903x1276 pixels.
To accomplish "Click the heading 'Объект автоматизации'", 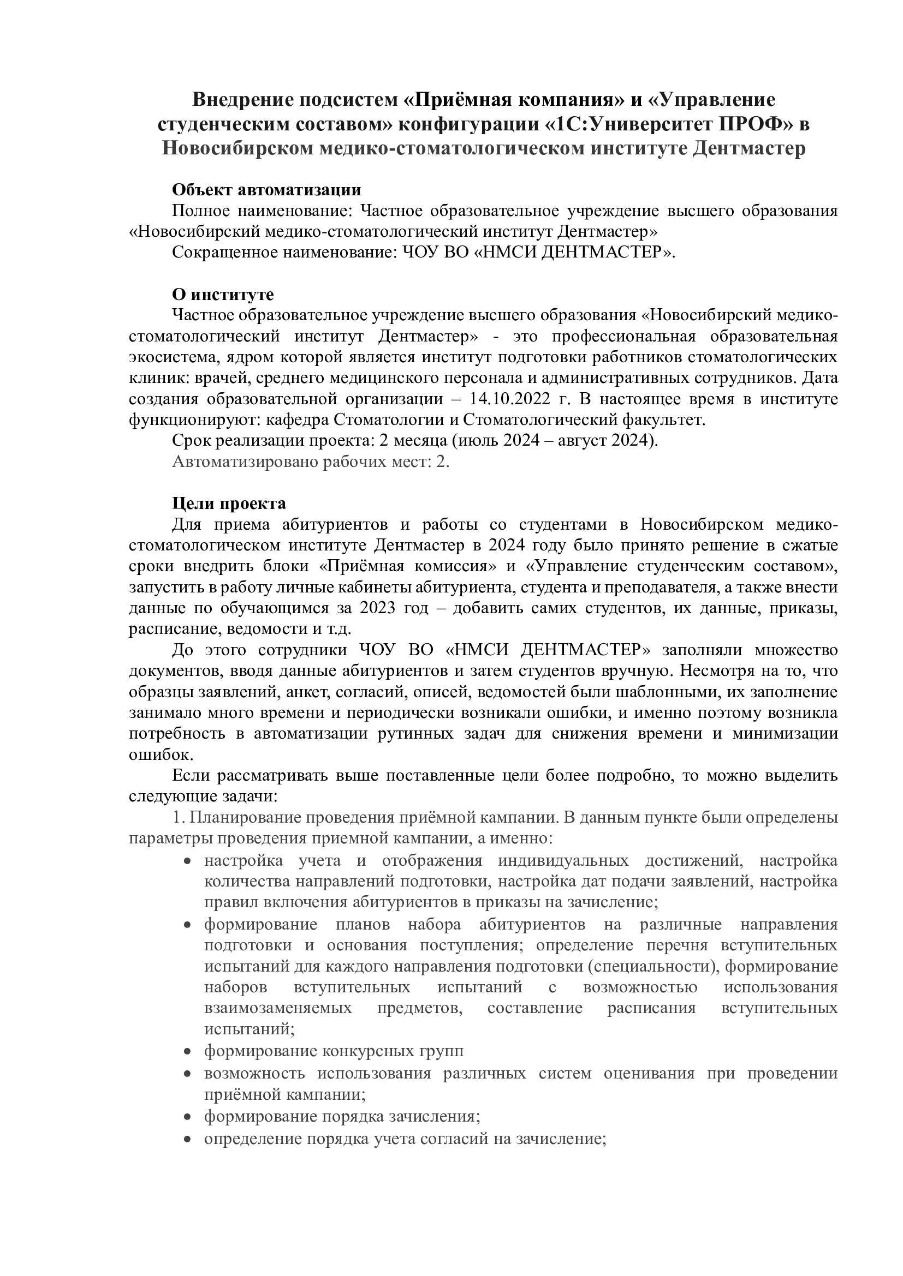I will (x=266, y=190).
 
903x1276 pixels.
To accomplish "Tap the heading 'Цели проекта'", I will (x=229, y=504).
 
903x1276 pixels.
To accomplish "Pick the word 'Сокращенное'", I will (x=224, y=253).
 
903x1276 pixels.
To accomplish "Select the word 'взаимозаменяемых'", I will (x=278, y=1008).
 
